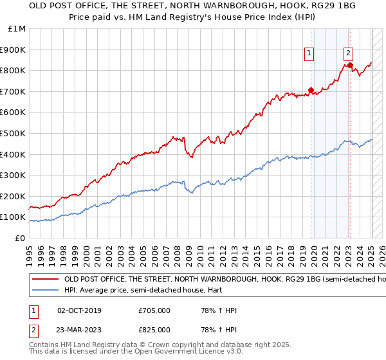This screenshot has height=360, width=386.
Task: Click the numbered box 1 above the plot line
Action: coord(309,54)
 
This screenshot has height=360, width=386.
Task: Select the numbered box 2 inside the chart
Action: coord(348,54)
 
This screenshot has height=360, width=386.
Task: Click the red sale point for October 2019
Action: coord(311,90)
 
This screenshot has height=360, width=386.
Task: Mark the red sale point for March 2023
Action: coord(350,65)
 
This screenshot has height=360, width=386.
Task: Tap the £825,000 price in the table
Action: coord(154,330)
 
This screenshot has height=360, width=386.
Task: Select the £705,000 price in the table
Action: coord(154,310)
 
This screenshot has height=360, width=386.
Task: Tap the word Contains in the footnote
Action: coord(44,345)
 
